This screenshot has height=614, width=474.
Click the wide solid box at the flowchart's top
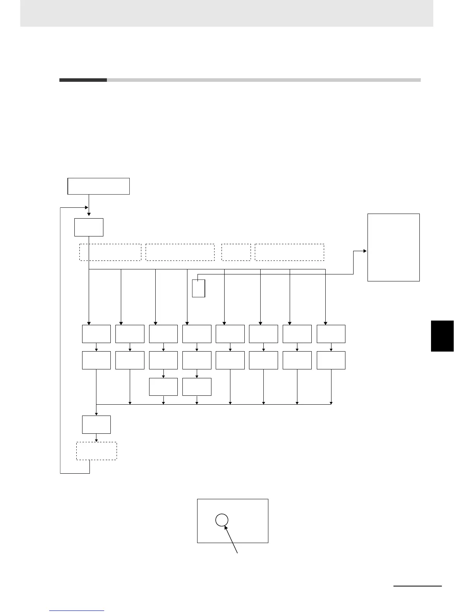point(98,186)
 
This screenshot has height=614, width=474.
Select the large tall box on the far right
point(393,247)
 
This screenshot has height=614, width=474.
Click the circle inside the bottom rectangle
point(222,520)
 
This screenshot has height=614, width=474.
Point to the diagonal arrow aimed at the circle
point(231,540)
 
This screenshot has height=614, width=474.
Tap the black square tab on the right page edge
point(442,336)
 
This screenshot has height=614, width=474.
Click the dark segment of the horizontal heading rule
point(83,80)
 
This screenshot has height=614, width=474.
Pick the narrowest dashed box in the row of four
point(236,252)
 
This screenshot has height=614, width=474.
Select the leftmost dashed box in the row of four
point(110,252)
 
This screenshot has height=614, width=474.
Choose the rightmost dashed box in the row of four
point(289,252)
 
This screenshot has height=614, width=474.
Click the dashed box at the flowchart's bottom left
point(96,451)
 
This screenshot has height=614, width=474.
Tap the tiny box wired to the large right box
point(198,288)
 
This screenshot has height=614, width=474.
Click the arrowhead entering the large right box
point(365,251)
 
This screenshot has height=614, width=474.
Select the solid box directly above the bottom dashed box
point(96,424)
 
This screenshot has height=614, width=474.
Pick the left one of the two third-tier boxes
point(163,386)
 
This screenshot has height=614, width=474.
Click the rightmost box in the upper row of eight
point(331,334)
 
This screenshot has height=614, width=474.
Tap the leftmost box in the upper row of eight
point(96,334)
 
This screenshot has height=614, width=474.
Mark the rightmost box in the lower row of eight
point(331,360)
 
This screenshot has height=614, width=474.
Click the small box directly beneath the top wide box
point(89,227)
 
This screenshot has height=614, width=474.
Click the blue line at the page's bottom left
point(77,611)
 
